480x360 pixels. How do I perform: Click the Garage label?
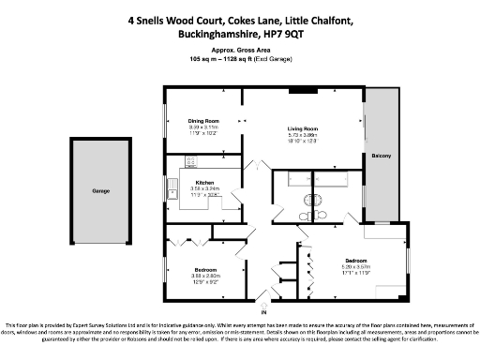(x=100, y=191)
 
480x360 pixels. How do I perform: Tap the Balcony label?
(x=381, y=156)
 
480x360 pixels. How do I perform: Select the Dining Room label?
(x=203, y=121)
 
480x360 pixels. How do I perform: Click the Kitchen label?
(x=204, y=182)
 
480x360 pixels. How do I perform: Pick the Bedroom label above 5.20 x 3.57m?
(x=354, y=260)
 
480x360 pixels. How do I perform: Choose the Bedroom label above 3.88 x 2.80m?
(x=205, y=269)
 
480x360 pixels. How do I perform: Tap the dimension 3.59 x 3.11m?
(x=203, y=127)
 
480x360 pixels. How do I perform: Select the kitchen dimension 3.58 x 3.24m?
(x=204, y=188)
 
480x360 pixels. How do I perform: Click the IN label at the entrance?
(x=264, y=311)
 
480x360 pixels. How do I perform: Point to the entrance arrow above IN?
(x=264, y=301)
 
